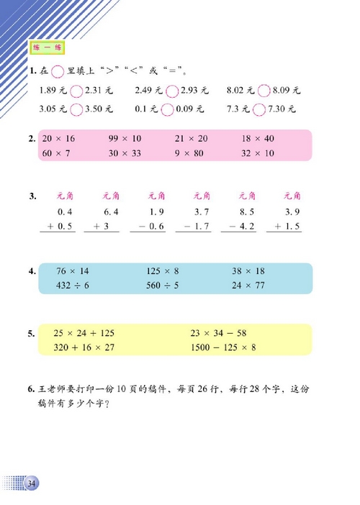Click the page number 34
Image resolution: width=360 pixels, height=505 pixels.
click(31, 483)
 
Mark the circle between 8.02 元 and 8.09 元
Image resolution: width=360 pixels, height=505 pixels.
click(263, 91)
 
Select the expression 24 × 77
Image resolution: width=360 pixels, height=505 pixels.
click(249, 285)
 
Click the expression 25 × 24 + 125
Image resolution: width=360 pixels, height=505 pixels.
click(84, 334)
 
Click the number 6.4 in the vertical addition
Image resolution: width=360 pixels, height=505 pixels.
click(110, 211)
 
